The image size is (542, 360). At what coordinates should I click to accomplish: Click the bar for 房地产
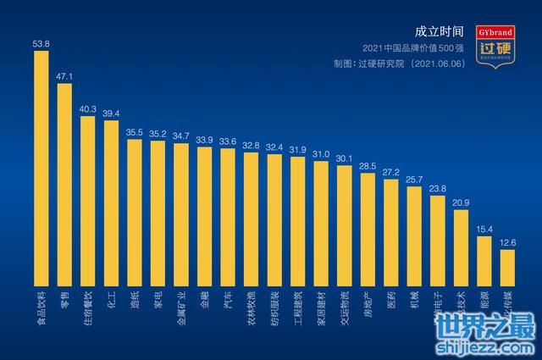[368, 230]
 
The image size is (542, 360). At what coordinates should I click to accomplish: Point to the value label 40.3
[87, 109]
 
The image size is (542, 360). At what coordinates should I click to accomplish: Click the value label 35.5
[134, 132]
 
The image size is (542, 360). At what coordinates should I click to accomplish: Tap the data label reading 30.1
[344, 158]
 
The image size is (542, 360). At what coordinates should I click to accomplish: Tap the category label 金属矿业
[181, 308]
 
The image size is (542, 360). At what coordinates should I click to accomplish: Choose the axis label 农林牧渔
[252, 308]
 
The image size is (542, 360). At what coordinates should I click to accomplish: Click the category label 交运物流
[345, 308]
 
